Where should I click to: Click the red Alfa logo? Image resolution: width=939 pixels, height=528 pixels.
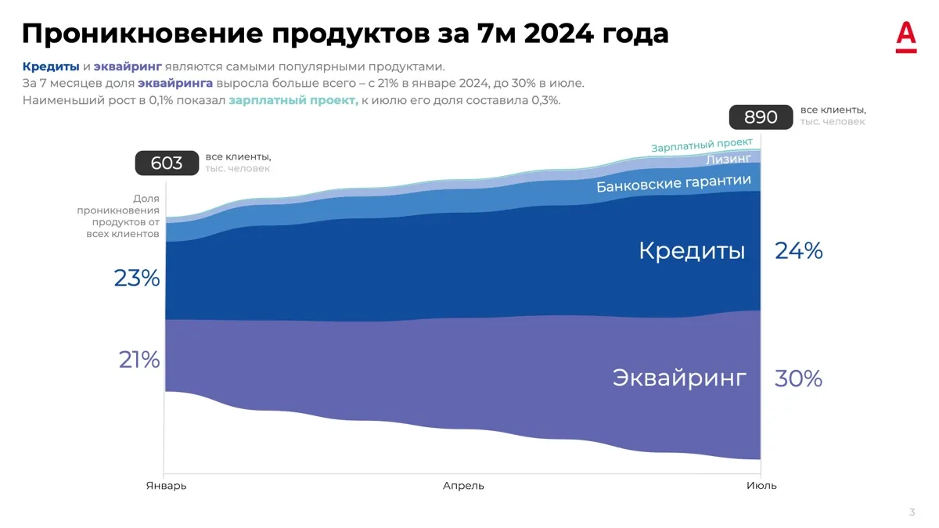[x=906, y=37]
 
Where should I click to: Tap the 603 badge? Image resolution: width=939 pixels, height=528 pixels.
[x=167, y=163]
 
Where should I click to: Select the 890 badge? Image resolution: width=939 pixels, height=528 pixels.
[x=761, y=117]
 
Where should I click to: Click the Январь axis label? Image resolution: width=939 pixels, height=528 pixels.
[x=166, y=486]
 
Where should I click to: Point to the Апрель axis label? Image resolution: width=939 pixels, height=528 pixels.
[x=463, y=486]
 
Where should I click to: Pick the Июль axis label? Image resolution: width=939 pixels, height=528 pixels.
[x=761, y=486]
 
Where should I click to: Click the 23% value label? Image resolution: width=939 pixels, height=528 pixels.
[x=137, y=278]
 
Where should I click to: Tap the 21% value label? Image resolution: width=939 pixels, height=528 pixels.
[x=139, y=360]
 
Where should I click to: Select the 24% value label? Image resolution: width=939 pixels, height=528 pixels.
[x=799, y=250]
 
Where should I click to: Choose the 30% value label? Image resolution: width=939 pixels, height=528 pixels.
[x=798, y=379]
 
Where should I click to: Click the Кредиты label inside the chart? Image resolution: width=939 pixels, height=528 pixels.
[x=692, y=251]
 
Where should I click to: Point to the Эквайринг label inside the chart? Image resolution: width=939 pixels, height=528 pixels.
[x=679, y=378]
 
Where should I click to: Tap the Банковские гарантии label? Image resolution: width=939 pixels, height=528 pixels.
[x=674, y=183]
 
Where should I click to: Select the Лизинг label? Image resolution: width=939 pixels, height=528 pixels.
[x=729, y=159]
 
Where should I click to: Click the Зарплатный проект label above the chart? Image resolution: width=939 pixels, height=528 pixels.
[x=702, y=145]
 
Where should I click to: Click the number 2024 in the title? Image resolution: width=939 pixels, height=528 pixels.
[x=559, y=33]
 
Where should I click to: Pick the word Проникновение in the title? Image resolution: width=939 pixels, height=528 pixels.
[x=142, y=34]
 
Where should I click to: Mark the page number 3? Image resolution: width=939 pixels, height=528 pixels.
[x=912, y=512]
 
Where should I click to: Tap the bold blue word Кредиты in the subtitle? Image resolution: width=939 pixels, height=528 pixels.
[x=51, y=66]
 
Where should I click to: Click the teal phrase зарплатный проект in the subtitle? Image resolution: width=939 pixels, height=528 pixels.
[x=293, y=101]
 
